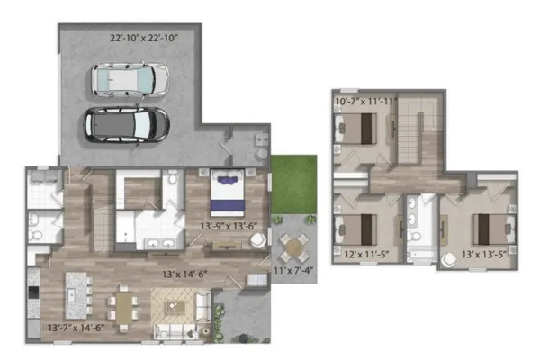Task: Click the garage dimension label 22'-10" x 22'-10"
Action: click(144, 38)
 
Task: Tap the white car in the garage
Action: click(130, 79)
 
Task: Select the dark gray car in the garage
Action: click(127, 125)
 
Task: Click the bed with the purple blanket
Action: click(228, 193)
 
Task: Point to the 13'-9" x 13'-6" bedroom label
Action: click(229, 226)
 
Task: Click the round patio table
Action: click(293, 247)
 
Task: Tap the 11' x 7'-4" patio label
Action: click(293, 270)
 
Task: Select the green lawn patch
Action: click(293, 184)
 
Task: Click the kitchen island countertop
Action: click(76, 295)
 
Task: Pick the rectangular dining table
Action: click(123, 307)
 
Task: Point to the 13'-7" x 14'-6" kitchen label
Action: click(76, 328)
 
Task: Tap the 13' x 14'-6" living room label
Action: click(184, 274)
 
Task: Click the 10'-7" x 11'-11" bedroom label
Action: click(366, 102)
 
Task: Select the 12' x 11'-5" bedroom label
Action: click(366, 255)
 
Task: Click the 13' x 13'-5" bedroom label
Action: click(484, 255)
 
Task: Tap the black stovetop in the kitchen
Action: click(33, 292)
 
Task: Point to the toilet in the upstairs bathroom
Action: click(415, 236)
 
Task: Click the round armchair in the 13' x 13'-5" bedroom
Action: click(449, 260)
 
